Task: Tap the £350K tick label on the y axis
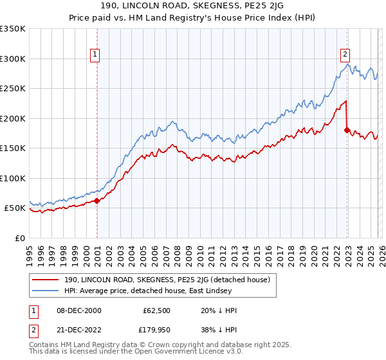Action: coord(13,29)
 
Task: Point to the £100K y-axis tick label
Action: coord(13,178)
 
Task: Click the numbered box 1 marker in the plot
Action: coord(95,55)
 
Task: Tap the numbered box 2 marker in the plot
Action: coord(345,55)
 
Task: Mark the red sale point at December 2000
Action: coord(97,201)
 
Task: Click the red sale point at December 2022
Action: coord(347,130)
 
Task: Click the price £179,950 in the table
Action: coord(156,330)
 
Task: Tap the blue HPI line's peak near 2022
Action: coord(347,64)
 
